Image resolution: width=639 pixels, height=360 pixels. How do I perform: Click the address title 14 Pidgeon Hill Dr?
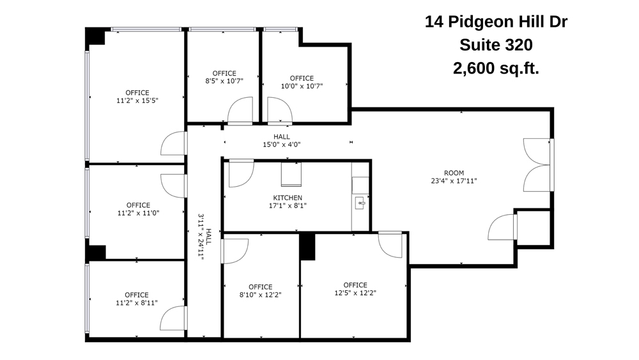[496, 22]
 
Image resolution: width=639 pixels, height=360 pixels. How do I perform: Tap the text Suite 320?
[496, 45]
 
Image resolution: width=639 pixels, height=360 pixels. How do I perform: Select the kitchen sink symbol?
[360, 204]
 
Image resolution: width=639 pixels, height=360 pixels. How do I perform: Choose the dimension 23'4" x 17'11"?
[454, 181]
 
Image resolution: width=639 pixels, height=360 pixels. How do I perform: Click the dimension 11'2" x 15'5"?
[137, 100]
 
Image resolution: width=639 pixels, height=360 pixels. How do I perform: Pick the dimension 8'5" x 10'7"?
[224, 81]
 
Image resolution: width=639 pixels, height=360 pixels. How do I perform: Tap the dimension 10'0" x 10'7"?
[302, 86]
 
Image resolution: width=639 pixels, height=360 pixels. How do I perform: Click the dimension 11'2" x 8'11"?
[137, 303]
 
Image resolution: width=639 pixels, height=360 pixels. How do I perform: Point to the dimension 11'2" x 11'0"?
[137, 213]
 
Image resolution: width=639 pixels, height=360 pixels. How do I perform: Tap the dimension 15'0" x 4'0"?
[281, 145]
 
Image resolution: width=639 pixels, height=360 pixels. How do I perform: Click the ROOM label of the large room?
[454, 173]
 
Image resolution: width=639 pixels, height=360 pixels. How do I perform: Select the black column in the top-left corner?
[95, 36]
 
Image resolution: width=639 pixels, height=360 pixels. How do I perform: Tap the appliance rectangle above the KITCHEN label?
[291, 174]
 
